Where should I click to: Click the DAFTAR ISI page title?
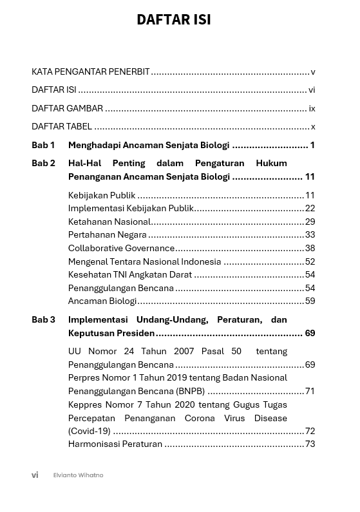173,20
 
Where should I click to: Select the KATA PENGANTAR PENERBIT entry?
91,72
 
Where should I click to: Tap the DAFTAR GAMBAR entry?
68,108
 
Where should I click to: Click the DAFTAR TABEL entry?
62,126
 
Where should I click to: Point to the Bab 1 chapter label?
43,145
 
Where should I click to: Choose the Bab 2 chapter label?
43,163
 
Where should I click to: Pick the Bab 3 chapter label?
43,319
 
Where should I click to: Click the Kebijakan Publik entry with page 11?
102,195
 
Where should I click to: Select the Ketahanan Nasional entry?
109,222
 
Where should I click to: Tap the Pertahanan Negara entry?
108,235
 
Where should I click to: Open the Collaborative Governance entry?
121,248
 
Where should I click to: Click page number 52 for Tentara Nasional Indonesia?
310,261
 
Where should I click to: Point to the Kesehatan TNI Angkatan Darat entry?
130,274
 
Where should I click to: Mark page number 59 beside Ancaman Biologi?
310,301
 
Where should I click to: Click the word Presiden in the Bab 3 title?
135,333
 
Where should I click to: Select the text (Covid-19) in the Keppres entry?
90,431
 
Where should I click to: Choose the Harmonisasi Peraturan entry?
115,444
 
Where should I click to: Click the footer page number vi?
35,475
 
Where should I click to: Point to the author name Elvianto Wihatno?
78,475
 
